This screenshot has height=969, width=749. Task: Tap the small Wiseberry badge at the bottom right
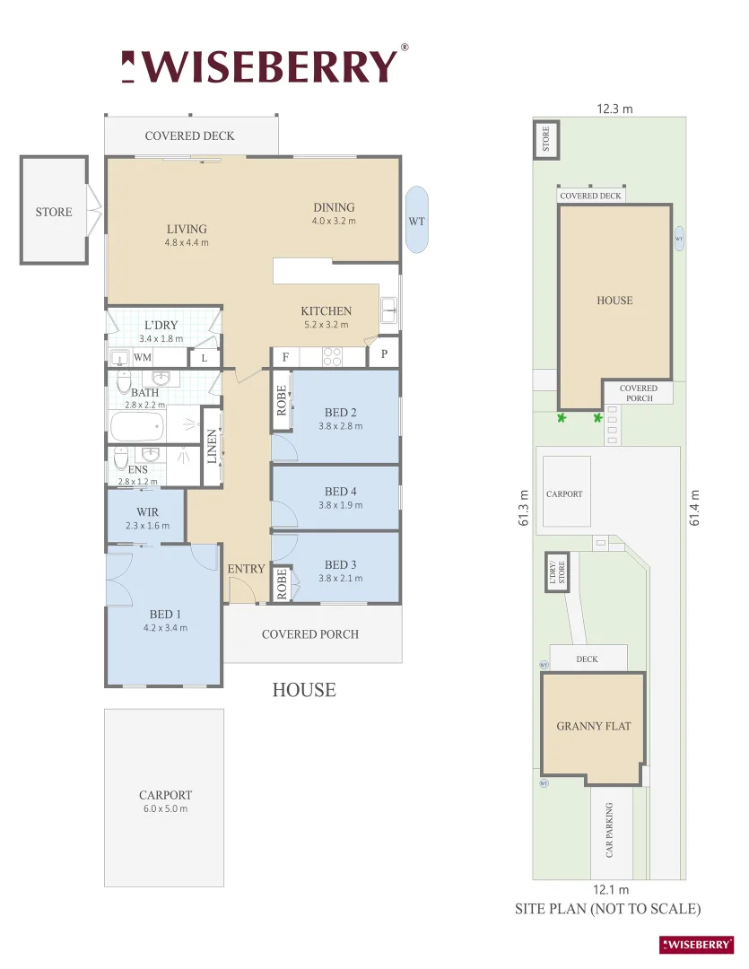697,944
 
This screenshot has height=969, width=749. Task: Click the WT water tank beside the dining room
416,220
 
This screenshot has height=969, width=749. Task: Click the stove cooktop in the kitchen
334,356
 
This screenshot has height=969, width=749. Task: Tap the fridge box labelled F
285,357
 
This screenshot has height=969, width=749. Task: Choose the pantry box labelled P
384,354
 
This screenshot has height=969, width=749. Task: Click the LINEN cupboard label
212,446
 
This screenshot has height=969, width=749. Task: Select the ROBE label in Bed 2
282,400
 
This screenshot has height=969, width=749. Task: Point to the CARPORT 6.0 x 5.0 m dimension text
165,808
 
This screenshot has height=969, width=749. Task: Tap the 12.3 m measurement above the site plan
614,109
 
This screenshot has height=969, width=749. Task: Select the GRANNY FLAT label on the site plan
593,726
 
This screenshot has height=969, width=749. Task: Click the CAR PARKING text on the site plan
610,830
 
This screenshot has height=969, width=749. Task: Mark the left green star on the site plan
562,418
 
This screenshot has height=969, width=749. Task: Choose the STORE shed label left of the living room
54,213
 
